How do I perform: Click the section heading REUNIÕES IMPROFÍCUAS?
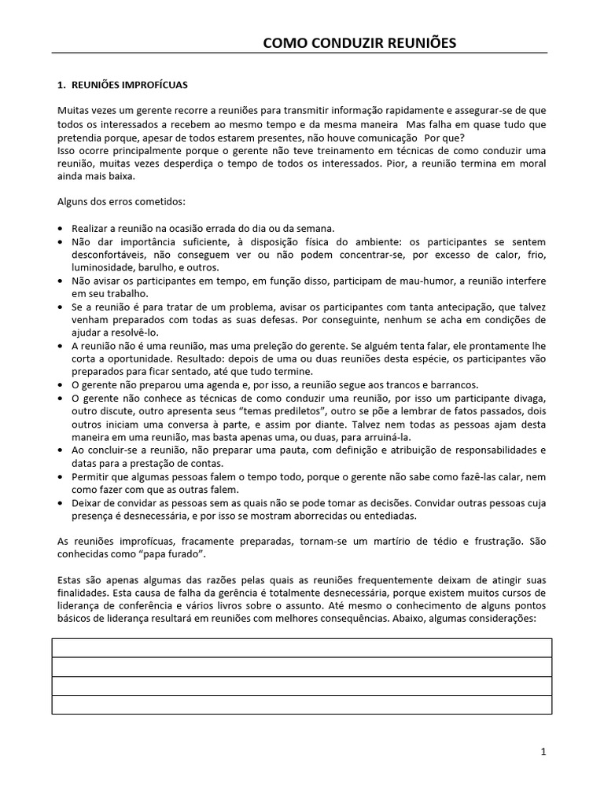[130, 84]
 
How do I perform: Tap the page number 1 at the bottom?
[543, 752]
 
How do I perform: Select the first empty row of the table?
[301, 648]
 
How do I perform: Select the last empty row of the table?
[301, 705]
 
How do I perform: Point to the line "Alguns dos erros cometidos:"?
[122, 201]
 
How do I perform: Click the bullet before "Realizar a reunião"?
[62, 228]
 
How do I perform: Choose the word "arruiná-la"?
[385, 436]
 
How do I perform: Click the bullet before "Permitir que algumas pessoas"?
[62, 476]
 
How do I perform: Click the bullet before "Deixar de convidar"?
[62, 502]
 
